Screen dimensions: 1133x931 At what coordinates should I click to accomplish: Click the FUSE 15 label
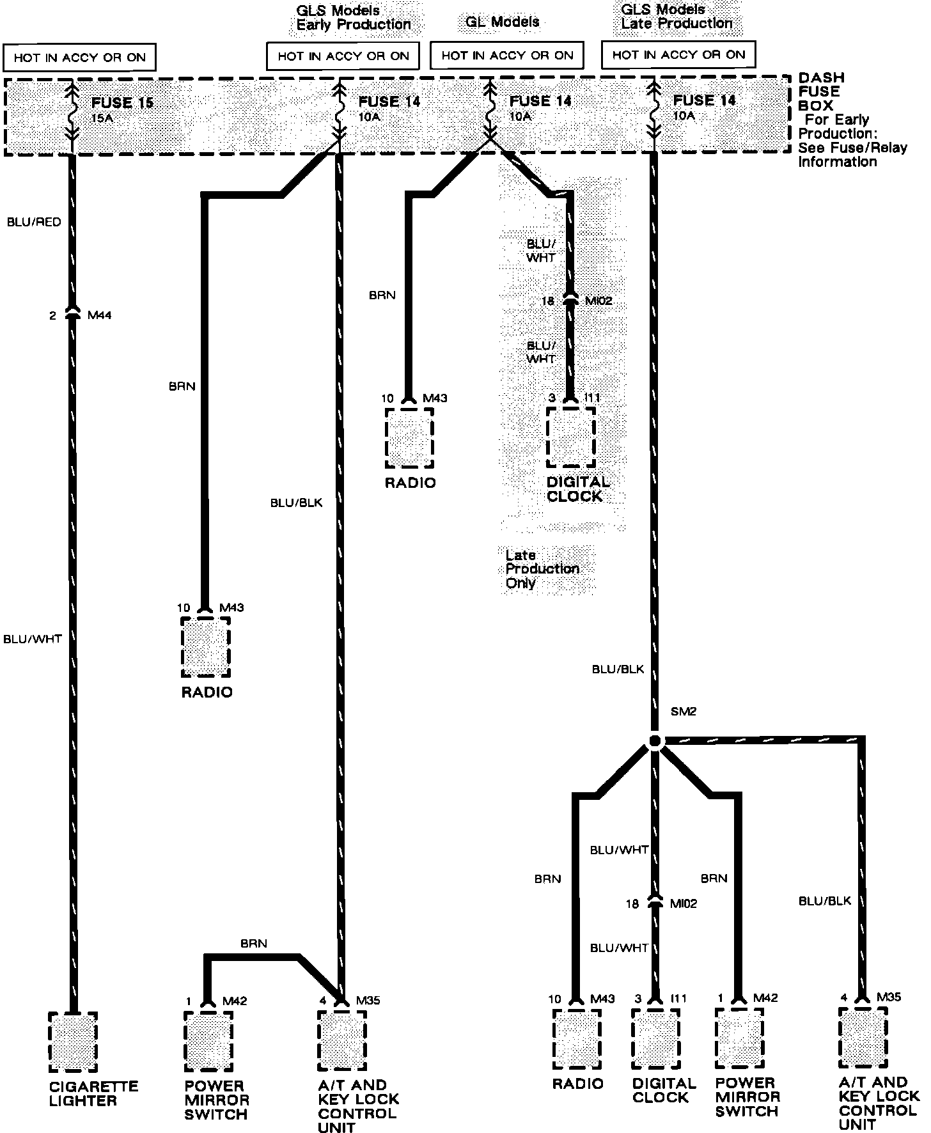121,103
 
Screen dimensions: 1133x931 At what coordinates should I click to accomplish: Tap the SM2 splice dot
654,741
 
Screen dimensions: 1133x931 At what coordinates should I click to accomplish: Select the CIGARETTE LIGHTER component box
73,1042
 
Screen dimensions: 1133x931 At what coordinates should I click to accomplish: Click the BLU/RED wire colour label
34,222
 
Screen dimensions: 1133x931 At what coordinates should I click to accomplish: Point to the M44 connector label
99,315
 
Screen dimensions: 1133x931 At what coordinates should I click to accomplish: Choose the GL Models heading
503,22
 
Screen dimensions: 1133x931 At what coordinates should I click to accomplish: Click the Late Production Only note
542,569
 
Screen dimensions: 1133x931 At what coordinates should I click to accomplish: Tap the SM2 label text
683,712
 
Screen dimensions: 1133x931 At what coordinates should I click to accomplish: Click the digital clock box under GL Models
571,438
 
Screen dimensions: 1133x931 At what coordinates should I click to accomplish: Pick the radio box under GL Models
409,438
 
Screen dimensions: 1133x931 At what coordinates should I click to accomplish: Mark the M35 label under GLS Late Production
889,997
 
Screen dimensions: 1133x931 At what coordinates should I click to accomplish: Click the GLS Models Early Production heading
353,18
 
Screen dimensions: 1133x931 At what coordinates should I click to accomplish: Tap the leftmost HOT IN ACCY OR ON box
80,58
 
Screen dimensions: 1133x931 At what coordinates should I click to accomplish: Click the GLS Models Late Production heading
677,17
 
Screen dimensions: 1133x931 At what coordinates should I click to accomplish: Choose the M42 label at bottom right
766,998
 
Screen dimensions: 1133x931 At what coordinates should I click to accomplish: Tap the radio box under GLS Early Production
206,647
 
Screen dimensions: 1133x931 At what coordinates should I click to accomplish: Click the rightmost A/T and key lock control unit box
863,1038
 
